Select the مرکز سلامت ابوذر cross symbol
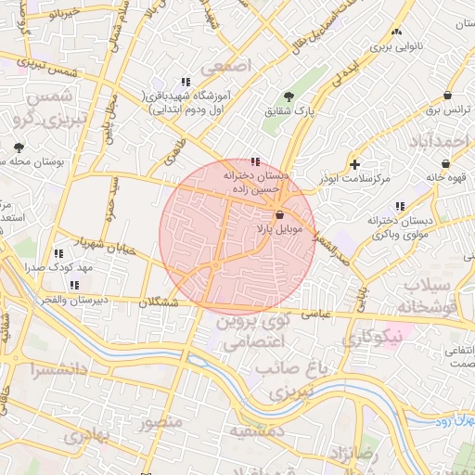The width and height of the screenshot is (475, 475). tap(354, 164)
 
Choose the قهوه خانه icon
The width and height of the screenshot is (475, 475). tap(445, 163)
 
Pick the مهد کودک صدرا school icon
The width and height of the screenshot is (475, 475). tap(59, 253)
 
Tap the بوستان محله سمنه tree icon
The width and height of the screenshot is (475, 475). tap(19, 148)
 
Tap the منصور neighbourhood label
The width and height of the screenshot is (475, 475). tap(160, 422)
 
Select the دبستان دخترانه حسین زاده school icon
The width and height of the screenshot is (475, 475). tap(256, 161)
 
